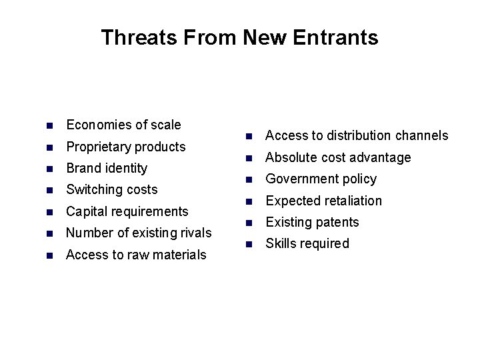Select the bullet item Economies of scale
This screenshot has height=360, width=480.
(123, 125)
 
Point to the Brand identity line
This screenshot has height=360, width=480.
(107, 168)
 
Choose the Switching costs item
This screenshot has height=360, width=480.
(112, 189)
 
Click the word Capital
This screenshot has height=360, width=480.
(87, 211)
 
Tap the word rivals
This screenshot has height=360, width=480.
(194, 233)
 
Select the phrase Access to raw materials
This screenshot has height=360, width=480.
(136, 255)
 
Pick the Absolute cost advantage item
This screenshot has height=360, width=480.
(338, 157)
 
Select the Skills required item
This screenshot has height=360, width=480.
(307, 243)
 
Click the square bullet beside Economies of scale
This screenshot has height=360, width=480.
(48, 125)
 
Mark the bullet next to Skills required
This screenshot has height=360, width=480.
(247, 244)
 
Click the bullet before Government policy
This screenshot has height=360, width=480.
(247, 179)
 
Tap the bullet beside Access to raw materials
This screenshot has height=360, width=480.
(48, 255)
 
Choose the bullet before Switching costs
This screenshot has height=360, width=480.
(48, 190)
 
